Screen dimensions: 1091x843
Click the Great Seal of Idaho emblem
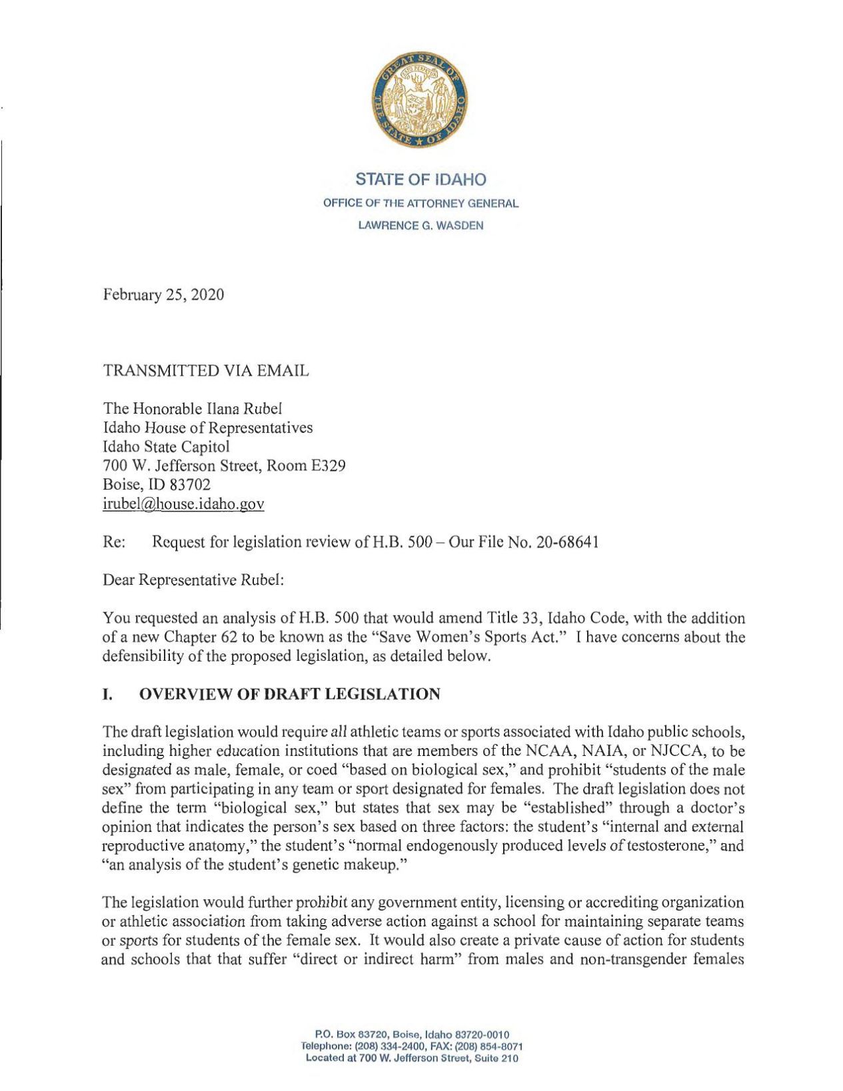[421, 103]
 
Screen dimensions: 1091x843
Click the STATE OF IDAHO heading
[421, 179]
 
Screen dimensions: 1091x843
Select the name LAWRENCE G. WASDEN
[421, 225]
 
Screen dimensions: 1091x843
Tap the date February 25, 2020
[163, 294]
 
